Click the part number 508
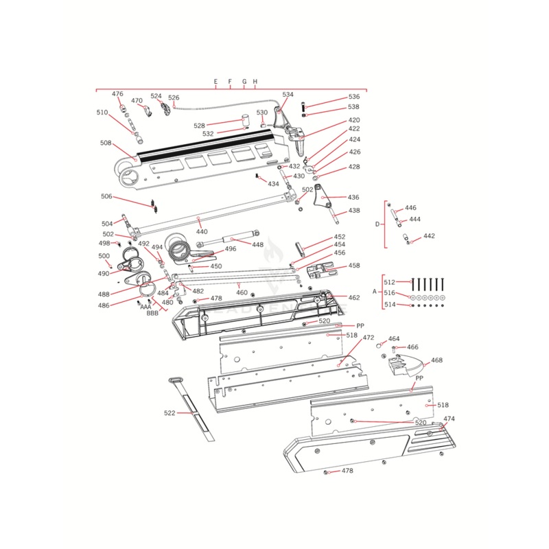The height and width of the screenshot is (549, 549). pos(106,143)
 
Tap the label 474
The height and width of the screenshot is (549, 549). pos(449,419)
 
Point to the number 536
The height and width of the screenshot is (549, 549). pos(353,97)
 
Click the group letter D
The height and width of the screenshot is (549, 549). pos(377,224)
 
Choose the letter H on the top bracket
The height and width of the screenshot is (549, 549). pos(255,82)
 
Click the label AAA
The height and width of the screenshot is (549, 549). pos(145,307)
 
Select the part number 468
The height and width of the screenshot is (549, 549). pos(436,360)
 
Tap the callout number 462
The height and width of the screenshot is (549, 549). pos(353,298)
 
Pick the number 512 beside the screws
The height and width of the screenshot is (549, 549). pos(389,282)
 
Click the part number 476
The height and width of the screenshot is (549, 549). pos(117,94)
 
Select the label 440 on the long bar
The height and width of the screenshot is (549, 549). pos(202,232)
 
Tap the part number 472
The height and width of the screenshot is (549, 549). pos(369,338)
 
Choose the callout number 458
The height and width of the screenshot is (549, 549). pos(353,265)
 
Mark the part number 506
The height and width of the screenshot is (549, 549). pos(106,196)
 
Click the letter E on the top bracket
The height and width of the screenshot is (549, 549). pos(215,82)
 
